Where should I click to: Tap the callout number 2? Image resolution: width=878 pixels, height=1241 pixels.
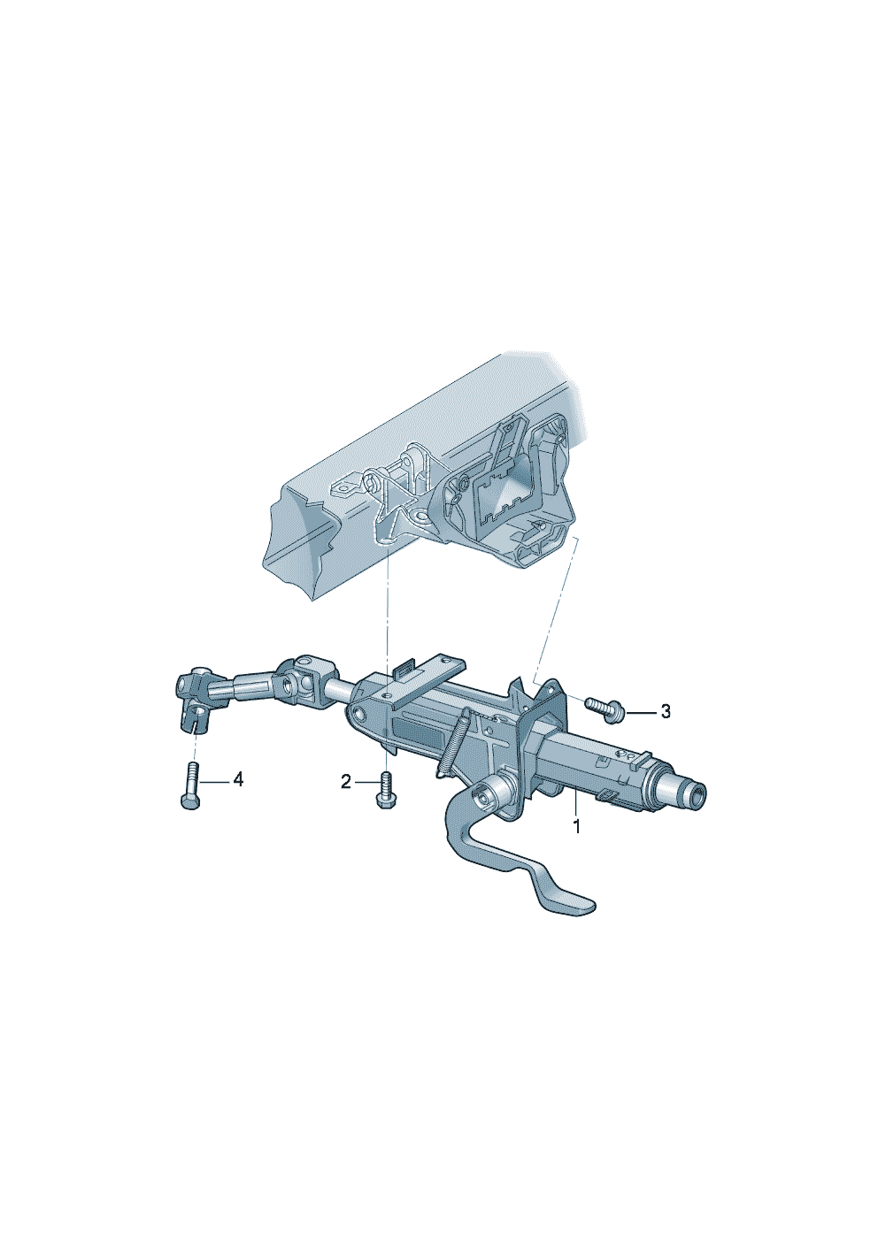click(x=345, y=782)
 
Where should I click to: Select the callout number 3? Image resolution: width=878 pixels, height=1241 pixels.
click(x=666, y=711)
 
